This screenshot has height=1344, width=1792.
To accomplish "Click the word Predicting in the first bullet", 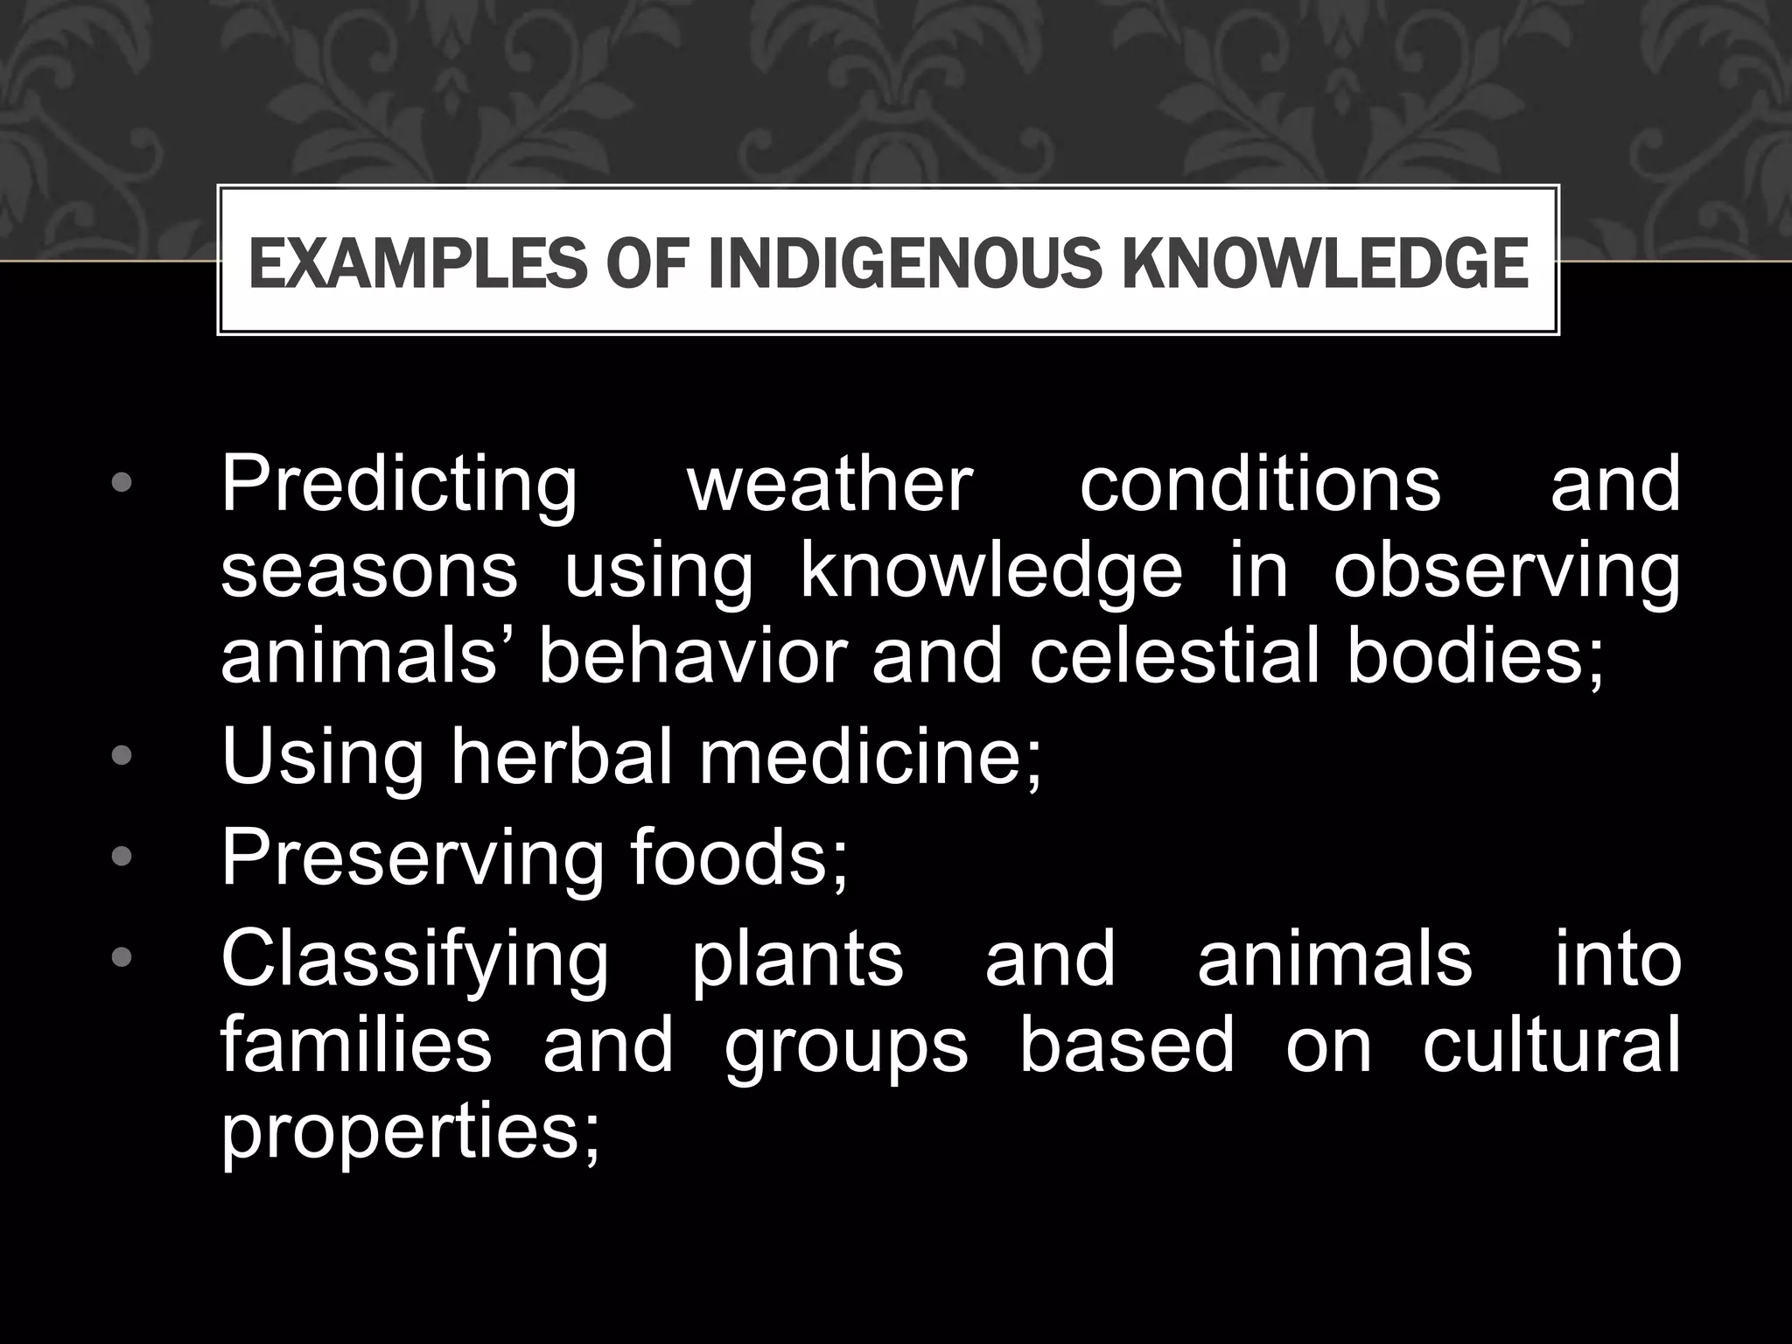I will [399, 486].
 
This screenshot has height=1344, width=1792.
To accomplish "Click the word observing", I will [1506, 574].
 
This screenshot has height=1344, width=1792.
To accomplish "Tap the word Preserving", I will [412, 858].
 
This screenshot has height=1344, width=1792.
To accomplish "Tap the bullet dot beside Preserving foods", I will [122, 856].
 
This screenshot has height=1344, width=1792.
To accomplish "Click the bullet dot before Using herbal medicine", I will [122, 754].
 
